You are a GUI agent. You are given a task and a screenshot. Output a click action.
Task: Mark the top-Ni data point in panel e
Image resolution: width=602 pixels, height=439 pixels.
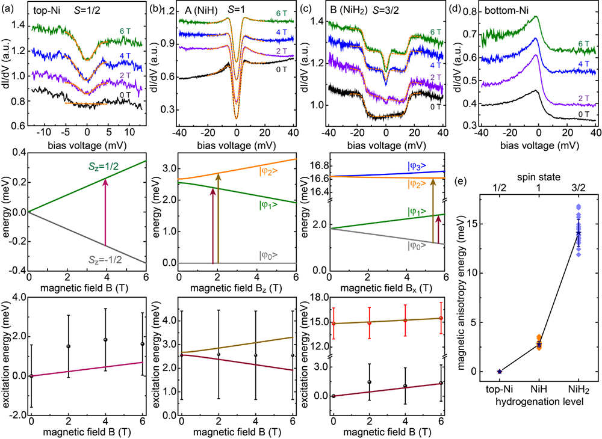click(x=500, y=371)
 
